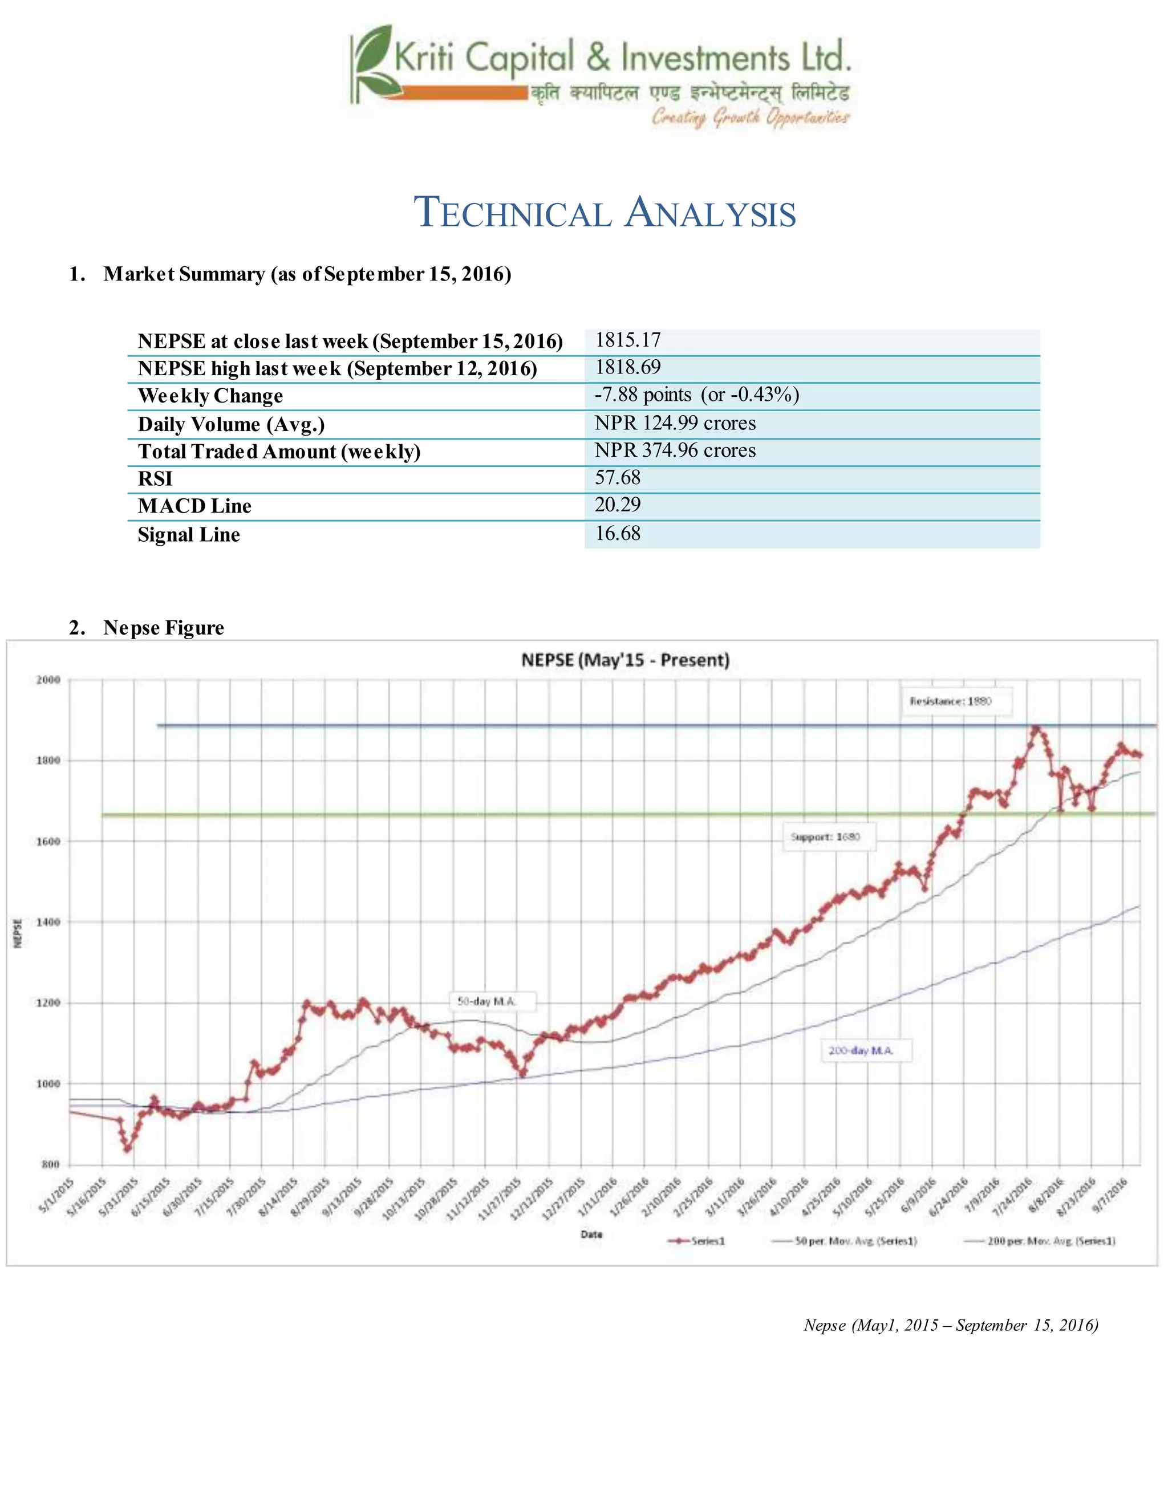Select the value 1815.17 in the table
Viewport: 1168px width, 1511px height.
pyautogui.click(x=627, y=340)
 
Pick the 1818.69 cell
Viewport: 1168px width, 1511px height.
pyautogui.click(x=627, y=367)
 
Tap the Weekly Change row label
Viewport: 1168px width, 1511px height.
pyautogui.click(x=210, y=396)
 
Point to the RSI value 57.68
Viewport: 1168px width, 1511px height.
pyautogui.click(x=617, y=477)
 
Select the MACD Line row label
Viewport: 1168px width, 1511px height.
pyautogui.click(x=194, y=506)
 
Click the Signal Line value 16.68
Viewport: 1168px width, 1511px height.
pyautogui.click(x=617, y=534)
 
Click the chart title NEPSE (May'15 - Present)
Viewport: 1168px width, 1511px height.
pyautogui.click(x=625, y=660)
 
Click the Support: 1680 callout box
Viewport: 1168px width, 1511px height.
pyautogui.click(x=828, y=837)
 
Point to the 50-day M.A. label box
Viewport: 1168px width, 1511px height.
pyautogui.click(x=486, y=1001)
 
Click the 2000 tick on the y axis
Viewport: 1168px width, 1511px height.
pyautogui.click(x=48, y=680)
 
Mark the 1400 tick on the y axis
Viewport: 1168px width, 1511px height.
pyautogui.click(x=48, y=922)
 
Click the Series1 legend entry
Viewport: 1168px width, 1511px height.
pyautogui.click(x=696, y=1241)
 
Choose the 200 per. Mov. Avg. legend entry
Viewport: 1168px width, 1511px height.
pyautogui.click(x=1040, y=1241)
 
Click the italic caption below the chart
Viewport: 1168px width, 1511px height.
pyautogui.click(x=950, y=1325)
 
